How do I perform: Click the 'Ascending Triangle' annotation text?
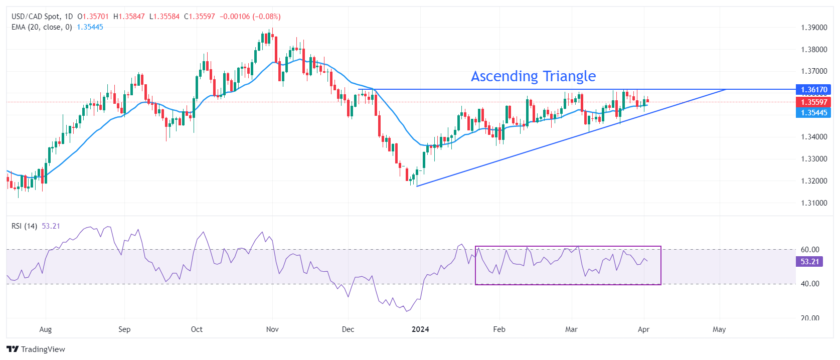(x=533, y=76)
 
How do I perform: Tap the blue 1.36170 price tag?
(x=813, y=90)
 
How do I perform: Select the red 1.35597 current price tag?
(x=813, y=102)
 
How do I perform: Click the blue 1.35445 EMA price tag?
(x=813, y=113)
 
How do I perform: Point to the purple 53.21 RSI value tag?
(x=809, y=262)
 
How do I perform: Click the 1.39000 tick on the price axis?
(x=814, y=28)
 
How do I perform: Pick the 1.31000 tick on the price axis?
(x=814, y=203)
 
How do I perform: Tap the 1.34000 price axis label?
(x=814, y=137)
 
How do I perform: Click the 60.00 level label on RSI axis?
(x=809, y=250)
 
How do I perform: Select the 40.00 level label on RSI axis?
(x=809, y=284)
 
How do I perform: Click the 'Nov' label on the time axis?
(x=272, y=329)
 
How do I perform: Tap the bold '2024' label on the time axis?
(x=420, y=329)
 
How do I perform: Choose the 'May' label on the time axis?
(x=719, y=329)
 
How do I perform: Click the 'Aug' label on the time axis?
(x=45, y=329)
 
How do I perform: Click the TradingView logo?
(x=36, y=349)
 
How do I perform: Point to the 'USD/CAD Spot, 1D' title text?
(x=42, y=17)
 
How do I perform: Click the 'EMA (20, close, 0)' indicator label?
(x=42, y=27)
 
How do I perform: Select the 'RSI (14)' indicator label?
(x=24, y=226)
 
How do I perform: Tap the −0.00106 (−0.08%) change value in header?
(x=250, y=17)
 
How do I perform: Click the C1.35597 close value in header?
(x=200, y=17)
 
